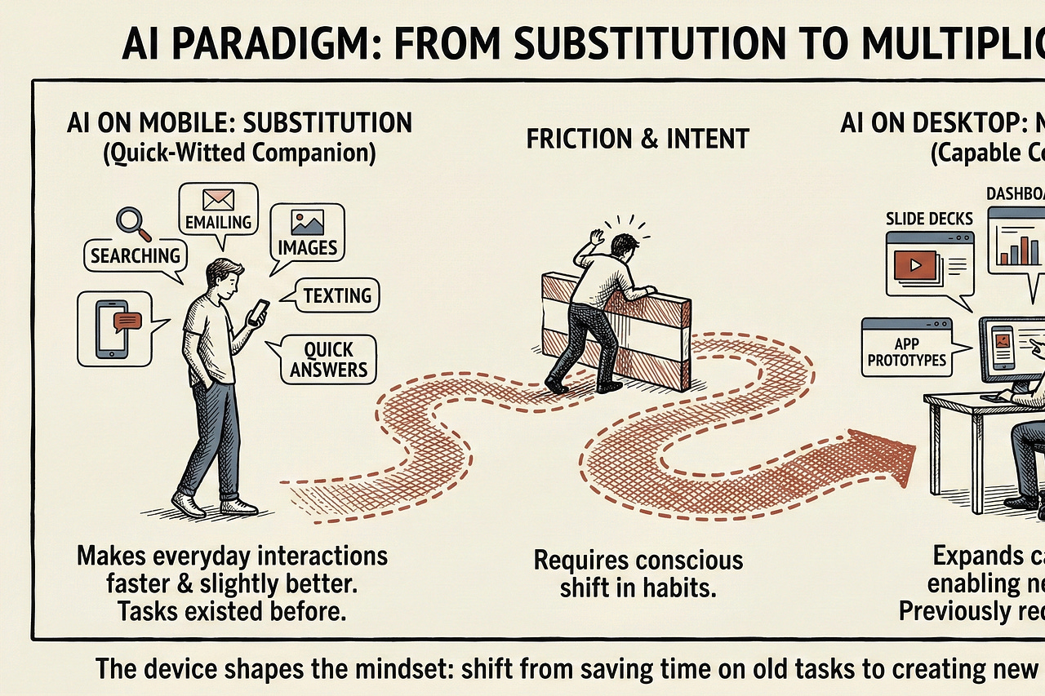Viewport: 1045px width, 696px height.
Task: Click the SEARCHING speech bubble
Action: coord(135,255)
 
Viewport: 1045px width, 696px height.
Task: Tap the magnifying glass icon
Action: coord(129,221)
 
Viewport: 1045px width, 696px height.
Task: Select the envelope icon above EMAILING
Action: coord(219,199)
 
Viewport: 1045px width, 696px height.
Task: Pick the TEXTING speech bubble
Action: coord(336,295)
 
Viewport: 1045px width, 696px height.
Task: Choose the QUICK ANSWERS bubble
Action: coord(328,360)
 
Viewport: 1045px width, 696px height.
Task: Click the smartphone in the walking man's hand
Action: coord(259,311)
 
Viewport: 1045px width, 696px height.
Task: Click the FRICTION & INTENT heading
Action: coord(638,139)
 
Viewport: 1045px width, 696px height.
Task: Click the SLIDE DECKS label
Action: coord(929,219)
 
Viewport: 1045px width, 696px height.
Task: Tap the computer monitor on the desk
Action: coord(1012,347)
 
